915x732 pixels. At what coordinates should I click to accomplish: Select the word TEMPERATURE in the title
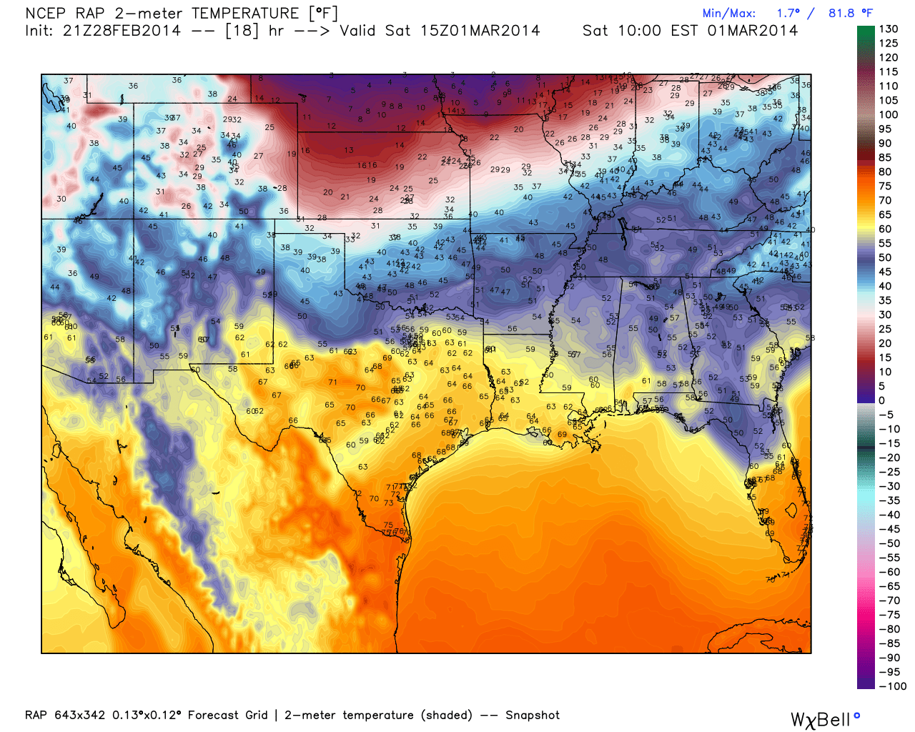click(245, 14)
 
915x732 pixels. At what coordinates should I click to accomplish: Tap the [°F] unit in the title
click(322, 14)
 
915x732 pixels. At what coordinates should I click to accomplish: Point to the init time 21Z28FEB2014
click(122, 31)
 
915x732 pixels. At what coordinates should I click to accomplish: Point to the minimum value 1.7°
click(788, 14)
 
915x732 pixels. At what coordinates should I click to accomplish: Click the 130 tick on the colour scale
click(889, 29)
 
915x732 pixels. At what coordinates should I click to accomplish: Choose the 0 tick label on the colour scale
click(882, 400)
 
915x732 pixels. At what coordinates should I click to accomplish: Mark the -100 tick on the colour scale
click(892, 686)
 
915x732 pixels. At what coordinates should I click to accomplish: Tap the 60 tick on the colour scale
click(885, 229)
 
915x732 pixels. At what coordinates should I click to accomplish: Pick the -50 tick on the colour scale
click(889, 543)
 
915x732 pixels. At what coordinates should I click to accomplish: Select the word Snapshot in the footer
click(533, 716)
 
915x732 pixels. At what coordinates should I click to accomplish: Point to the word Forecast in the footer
click(213, 716)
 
